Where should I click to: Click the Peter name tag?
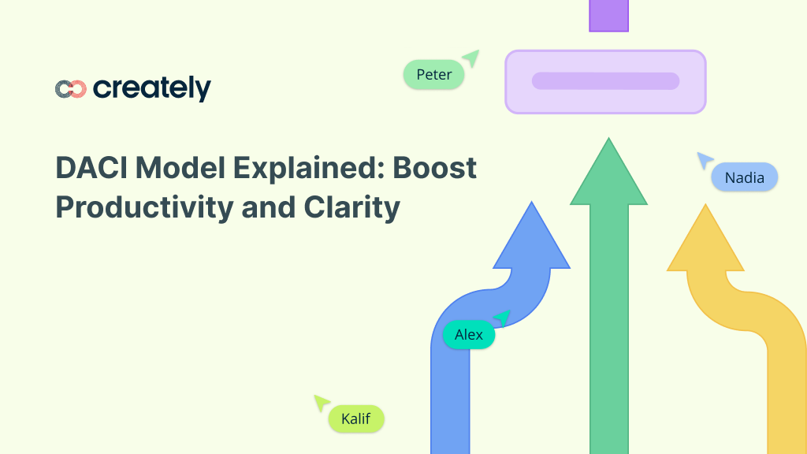[x=433, y=75]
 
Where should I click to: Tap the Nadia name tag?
[x=744, y=177]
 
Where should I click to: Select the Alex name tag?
[x=468, y=335]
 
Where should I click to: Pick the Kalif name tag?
[x=355, y=419]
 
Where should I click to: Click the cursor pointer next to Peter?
[x=471, y=58]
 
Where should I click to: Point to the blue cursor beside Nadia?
[x=704, y=160]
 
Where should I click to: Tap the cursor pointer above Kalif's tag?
[x=321, y=403]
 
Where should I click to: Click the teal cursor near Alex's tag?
[x=502, y=318]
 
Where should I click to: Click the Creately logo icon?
[x=70, y=89]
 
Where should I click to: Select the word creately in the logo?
[x=152, y=88]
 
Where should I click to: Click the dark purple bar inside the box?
[x=605, y=81]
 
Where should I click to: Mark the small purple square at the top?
[x=608, y=15]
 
